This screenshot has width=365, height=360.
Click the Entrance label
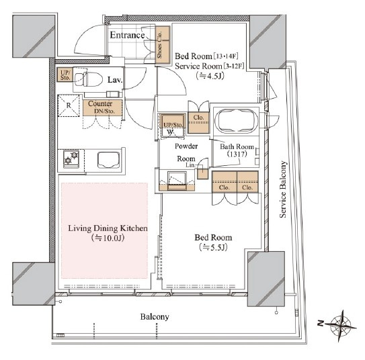click(x=127, y=35)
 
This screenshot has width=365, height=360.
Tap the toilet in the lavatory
click(x=89, y=79)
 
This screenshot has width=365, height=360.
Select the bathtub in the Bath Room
click(x=236, y=121)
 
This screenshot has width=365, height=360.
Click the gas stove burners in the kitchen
click(x=71, y=159)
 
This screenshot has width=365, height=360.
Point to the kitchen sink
click(x=109, y=160)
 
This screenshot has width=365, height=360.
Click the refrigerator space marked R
click(x=69, y=105)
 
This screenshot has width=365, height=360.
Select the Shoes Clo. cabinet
click(x=163, y=44)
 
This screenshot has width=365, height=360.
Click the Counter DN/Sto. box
click(x=102, y=107)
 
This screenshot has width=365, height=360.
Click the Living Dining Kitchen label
click(x=108, y=228)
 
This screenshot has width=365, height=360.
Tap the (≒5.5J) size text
click(x=213, y=247)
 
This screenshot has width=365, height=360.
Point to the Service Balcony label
click(x=282, y=189)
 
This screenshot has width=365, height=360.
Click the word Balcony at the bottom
click(x=155, y=317)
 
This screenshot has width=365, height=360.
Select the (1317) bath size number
click(x=237, y=154)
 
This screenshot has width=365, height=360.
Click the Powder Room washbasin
click(x=177, y=181)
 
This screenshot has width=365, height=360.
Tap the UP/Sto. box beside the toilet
click(x=65, y=75)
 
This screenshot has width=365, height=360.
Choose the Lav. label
click(x=115, y=80)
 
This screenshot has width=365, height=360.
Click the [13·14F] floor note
click(x=226, y=56)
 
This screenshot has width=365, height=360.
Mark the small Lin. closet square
click(x=202, y=172)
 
